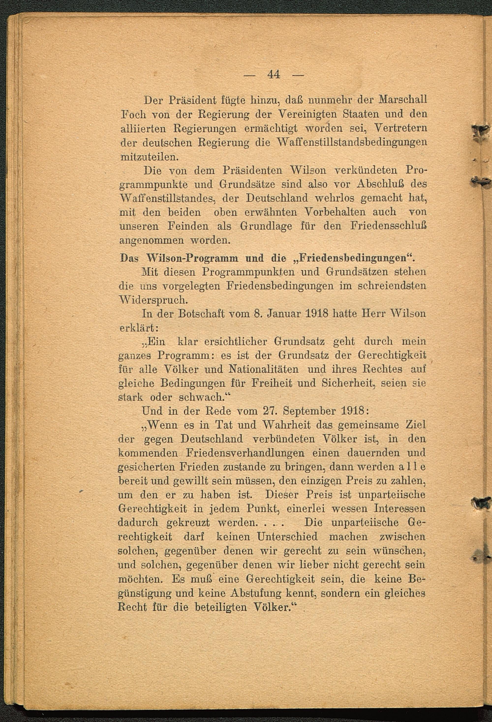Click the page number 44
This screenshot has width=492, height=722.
coord(274,75)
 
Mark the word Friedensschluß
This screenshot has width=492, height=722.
coord(388,226)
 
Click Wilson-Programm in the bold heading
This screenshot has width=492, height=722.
coord(193,258)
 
